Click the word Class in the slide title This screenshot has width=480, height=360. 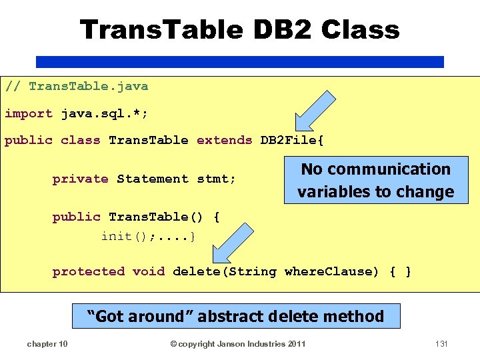click(x=360, y=29)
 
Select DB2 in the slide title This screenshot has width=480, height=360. click(x=282, y=29)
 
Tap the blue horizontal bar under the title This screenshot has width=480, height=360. click(x=239, y=62)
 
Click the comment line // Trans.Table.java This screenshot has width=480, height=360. click(x=77, y=86)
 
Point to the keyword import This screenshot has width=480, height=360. click(x=29, y=113)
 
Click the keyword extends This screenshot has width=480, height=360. click(x=224, y=140)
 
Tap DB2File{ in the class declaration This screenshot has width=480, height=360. click(x=292, y=140)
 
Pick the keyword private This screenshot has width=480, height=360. click(x=80, y=179)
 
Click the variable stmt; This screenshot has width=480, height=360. click(x=217, y=179)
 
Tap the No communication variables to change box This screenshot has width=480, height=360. click(x=375, y=181)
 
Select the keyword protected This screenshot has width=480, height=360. click(x=89, y=271)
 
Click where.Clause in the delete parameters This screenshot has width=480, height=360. click(x=327, y=271)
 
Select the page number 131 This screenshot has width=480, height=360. click(x=440, y=344)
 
